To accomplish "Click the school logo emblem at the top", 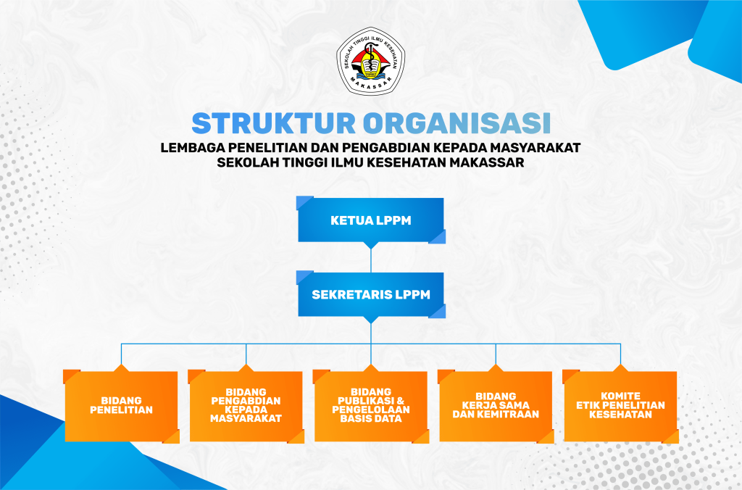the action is [370, 61].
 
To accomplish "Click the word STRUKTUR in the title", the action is [273, 123].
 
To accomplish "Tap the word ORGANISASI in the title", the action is [457, 123].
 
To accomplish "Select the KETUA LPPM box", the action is [371, 220].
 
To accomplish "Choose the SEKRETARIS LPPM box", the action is [371, 294].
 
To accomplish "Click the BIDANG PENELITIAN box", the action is [121, 406].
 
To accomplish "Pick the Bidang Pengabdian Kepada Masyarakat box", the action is [246, 406].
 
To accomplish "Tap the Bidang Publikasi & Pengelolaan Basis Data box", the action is [371, 406].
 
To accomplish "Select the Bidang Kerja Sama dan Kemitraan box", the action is [496, 406].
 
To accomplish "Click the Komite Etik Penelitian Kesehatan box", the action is [621, 406].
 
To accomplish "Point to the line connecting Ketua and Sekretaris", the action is [371, 260].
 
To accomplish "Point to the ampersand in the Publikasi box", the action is [400, 401].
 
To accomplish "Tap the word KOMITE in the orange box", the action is [621, 396].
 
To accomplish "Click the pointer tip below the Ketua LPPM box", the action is [371, 249].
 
